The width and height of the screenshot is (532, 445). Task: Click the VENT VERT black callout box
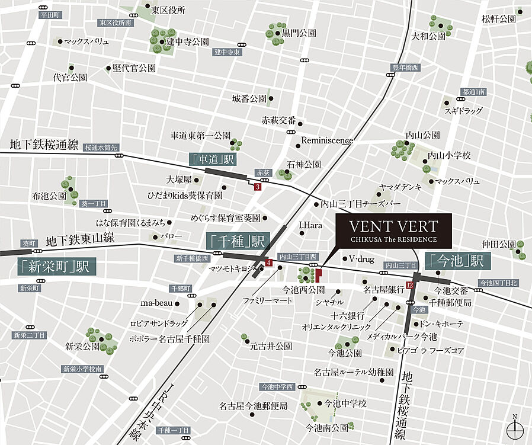[x=393, y=230]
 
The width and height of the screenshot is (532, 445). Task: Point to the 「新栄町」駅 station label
[x=53, y=266]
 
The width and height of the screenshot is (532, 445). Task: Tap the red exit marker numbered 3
[x=257, y=187]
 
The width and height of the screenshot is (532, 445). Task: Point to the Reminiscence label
[x=327, y=140]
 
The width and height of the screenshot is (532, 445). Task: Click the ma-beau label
[x=156, y=303]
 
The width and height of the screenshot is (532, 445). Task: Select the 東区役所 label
[x=168, y=10]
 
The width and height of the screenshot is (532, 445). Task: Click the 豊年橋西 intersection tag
[x=405, y=68]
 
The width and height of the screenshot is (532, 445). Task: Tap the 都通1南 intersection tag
[x=473, y=92]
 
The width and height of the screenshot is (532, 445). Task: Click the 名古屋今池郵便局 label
[x=253, y=406]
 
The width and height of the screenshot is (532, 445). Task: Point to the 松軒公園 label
[x=498, y=19]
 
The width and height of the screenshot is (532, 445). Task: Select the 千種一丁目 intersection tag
[x=174, y=430]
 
